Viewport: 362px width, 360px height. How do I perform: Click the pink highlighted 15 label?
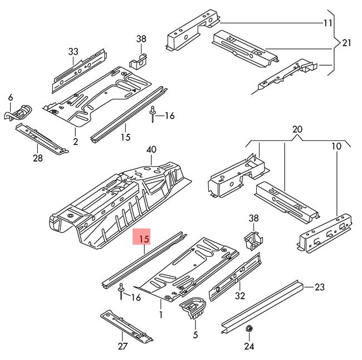click(x=144, y=239)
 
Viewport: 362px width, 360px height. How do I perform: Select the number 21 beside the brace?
click(x=346, y=42)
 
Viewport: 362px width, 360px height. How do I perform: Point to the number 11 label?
click(x=327, y=23)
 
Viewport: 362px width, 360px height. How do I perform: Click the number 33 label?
click(x=74, y=52)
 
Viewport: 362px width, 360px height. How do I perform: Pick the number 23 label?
click(x=319, y=287)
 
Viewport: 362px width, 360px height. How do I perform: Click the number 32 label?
click(x=241, y=295)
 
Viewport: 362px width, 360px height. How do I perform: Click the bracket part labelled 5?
click(x=193, y=308)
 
